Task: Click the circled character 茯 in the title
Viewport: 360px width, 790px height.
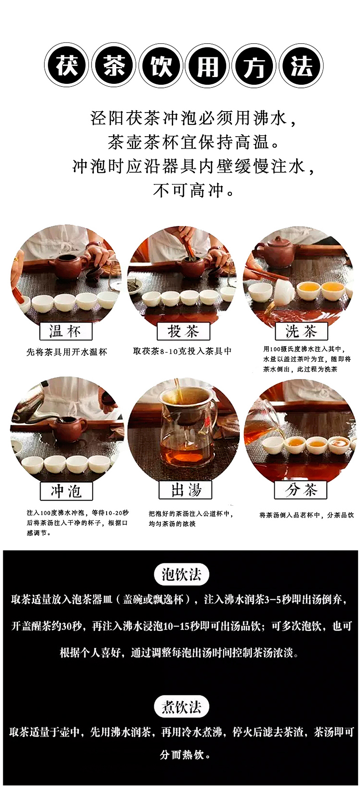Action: click(67, 66)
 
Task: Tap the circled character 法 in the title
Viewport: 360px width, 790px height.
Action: click(301, 66)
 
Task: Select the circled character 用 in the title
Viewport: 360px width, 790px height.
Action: click(208, 66)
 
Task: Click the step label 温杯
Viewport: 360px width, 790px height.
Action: click(66, 331)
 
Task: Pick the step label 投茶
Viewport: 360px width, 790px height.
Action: click(183, 331)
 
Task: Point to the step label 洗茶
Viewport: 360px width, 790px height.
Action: click(301, 331)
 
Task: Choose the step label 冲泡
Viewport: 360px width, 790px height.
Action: click(66, 491)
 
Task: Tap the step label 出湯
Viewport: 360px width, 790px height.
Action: click(185, 490)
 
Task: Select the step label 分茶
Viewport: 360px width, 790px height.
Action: click(301, 490)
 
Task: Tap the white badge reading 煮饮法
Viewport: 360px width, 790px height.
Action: click(181, 707)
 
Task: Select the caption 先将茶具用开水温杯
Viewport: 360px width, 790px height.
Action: click(67, 352)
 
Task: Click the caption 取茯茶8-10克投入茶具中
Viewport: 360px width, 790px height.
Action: click(182, 351)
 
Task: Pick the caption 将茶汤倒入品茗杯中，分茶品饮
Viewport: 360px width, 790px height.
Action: click(307, 515)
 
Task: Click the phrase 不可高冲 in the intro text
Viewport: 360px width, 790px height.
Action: click(189, 190)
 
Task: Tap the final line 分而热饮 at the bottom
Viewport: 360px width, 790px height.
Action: click(181, 755)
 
